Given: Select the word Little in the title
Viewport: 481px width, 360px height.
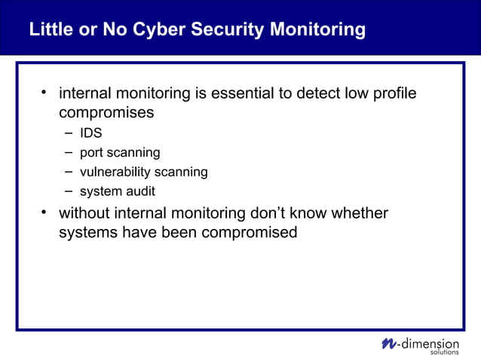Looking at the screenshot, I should pos(51,30).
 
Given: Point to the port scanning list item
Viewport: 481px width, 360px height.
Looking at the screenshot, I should pos(120,153).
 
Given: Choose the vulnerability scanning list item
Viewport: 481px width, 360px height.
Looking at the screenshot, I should pos(143,172).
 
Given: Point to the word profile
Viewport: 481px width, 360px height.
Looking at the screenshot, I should pos(391,94).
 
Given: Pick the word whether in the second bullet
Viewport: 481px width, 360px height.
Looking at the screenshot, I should pos(360,213).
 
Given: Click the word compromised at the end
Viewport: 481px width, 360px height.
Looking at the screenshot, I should pos(250,233).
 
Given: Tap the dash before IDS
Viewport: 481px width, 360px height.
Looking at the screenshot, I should pos(69,133).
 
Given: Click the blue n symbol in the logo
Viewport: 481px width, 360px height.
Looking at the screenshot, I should pos(388,343).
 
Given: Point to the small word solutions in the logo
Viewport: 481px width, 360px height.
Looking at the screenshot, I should pos(444,352).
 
